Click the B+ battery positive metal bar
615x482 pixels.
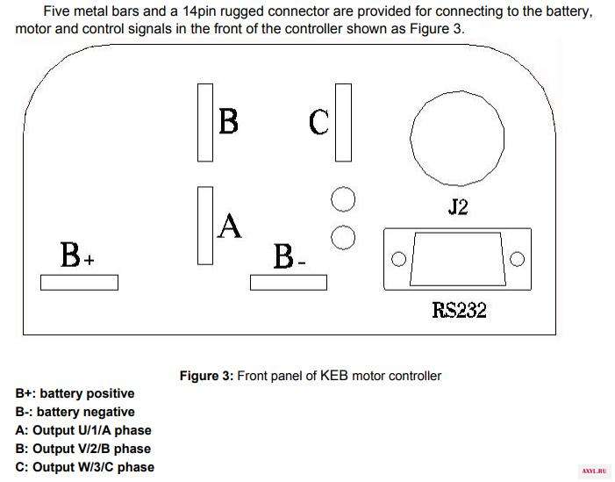point(79,283)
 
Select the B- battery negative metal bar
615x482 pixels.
point(289,283)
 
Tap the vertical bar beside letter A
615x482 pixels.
point(205,226)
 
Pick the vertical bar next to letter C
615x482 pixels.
point(344,122)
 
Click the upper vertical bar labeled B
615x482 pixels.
point(205,122)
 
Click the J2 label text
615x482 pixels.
point(458,207)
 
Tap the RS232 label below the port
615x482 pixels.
point(460,310)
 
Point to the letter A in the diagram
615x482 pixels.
point(230,226)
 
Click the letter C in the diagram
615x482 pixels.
point(318,122)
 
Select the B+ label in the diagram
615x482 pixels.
point(77,255)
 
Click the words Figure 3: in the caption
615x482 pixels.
point(207,376)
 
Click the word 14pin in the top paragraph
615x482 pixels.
point(199,11)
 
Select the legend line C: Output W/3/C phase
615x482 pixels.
point(85,467)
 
